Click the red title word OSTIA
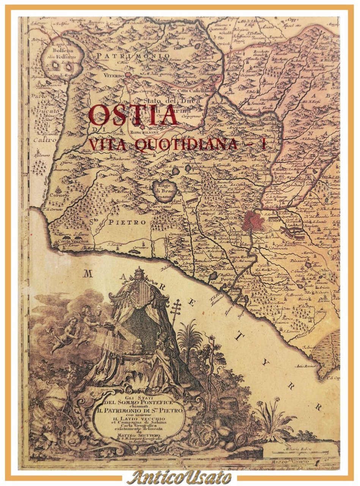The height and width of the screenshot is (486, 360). tap(133, 115)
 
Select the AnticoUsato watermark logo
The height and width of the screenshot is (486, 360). tap(179, 477)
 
